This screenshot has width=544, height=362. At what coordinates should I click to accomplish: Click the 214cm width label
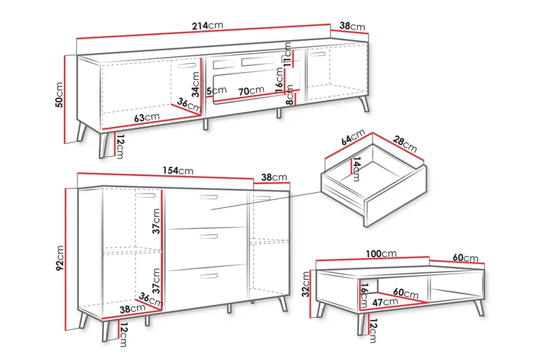pos(207,26)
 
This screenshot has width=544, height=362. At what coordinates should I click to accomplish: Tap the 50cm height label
pos(59,95)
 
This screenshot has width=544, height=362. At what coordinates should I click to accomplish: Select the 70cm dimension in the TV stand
pos(251,91)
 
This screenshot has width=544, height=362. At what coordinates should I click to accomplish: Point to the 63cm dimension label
pos(147,117)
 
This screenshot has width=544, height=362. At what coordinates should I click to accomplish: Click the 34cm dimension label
pos(196,84)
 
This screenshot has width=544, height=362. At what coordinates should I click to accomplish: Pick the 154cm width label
pos(178,170)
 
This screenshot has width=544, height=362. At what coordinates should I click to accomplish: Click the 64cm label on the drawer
pos(353,137)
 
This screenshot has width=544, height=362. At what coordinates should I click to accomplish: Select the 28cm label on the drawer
pos(405,144)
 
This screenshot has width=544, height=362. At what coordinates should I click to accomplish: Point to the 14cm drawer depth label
pos(356,169)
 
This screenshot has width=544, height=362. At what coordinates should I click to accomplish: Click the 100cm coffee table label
pos(381,254)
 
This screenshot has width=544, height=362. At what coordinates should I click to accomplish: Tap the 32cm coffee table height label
pos(305,285)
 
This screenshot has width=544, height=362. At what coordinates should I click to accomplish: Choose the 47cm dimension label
pos(385,302)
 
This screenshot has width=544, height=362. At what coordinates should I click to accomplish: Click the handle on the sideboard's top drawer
pos(209,197)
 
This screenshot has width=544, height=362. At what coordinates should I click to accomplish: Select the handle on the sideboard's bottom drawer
pos(209,276)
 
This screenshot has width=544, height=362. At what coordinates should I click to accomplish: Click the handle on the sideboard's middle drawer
pos(209,237)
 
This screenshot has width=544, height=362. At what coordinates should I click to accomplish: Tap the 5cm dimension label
pos(216,91)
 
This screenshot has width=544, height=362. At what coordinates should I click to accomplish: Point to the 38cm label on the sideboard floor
pos(132,309)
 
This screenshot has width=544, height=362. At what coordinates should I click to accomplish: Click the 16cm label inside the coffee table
pos(364,295)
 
